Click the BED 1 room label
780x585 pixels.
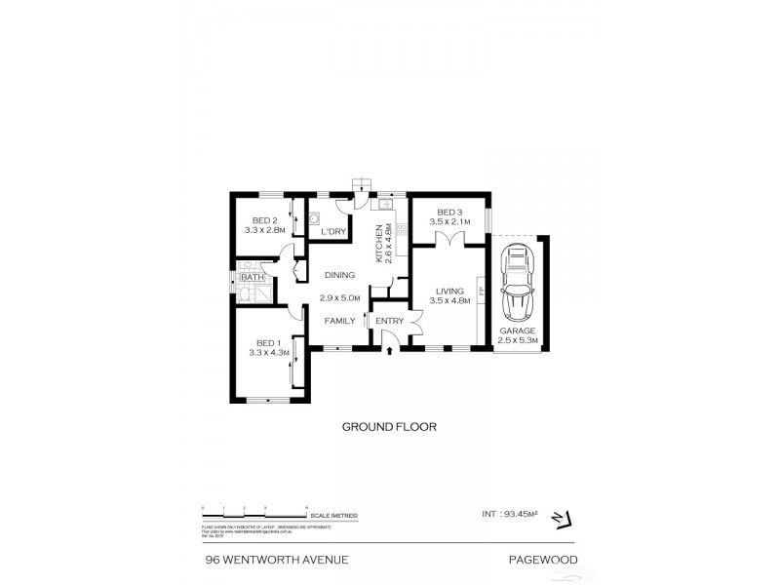[x=268, y=342]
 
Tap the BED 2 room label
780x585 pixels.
[x=265, y=220]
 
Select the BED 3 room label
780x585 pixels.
[x=448, y=213]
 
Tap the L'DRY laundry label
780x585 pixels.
[x=334, y=231]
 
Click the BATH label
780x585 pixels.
[x=253, y=278]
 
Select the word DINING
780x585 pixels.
[x=339, y=275]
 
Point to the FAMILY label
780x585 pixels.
[x=340, y=321]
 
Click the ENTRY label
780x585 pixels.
[x=389, y=321]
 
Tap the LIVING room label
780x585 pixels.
[x=449, y=291]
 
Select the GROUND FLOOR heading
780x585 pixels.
[x=388, y=426]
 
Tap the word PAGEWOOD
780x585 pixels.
[x=541, y=559]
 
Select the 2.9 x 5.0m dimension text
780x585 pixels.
[x=340, y=297]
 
